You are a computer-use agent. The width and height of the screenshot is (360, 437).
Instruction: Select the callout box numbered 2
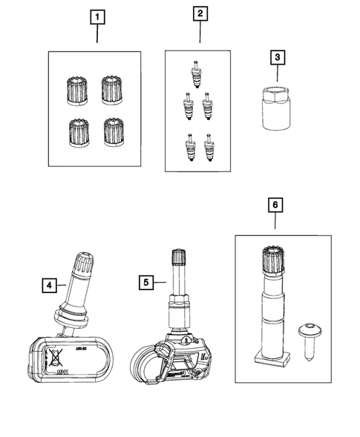[x=200, y=13]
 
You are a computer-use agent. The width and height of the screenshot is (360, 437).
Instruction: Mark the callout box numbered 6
[x=275, y=203]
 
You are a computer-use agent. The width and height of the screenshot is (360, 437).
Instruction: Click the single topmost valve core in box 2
[x=195, y=73]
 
